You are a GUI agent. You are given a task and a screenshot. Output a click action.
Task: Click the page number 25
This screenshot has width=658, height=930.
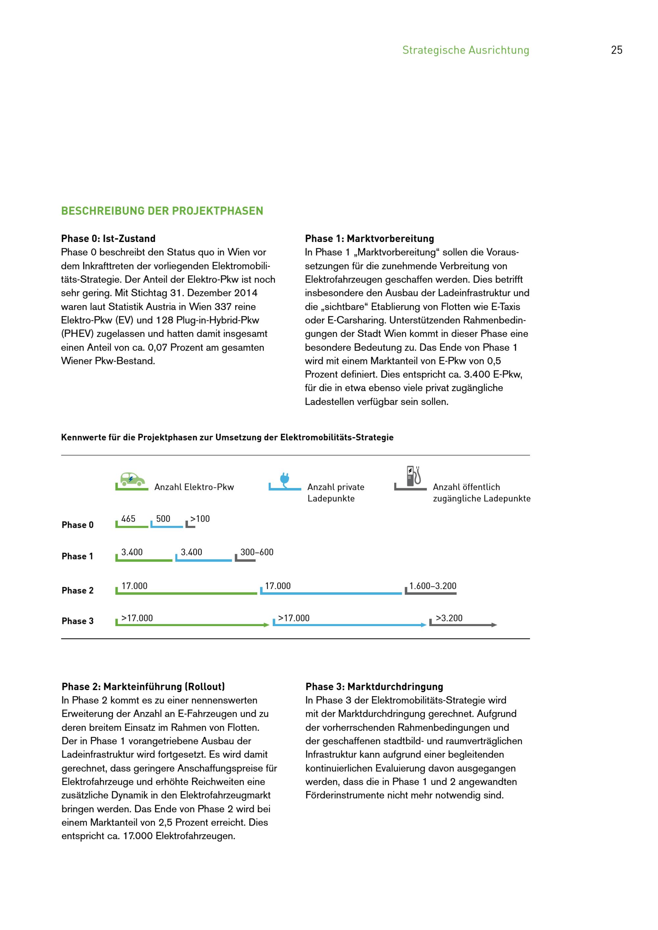(x=616, y=50)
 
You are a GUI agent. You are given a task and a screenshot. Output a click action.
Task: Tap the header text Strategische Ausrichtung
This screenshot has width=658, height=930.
(x=466, y=50)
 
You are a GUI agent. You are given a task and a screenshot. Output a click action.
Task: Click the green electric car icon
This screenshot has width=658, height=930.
(x=133, y=479)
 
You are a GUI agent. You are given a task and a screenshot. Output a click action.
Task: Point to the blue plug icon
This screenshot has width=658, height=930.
(x=285, y=479)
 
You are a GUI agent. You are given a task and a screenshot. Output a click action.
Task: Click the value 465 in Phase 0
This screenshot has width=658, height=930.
(x=128, y=519)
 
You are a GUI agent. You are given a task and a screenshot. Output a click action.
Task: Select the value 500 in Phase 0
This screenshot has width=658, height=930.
(x=163, y=519)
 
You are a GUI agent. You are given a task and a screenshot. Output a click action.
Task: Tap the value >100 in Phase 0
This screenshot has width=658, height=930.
(x=200, y=519)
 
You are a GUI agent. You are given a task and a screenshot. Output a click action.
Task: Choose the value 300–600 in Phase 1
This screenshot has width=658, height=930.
(x=257, y=552)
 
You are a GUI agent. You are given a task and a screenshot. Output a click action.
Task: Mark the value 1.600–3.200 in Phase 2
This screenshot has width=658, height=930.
(x=433, y=586)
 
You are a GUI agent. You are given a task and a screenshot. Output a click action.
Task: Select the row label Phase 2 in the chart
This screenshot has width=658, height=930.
(x=77, y=590)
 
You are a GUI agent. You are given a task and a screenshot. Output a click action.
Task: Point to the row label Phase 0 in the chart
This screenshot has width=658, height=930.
(x=77, y=525)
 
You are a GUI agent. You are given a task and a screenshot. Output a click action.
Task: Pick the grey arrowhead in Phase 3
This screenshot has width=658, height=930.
(x=494, y=625)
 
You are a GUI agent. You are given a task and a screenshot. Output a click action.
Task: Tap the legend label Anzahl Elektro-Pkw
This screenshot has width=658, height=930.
(x=194, y=487)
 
